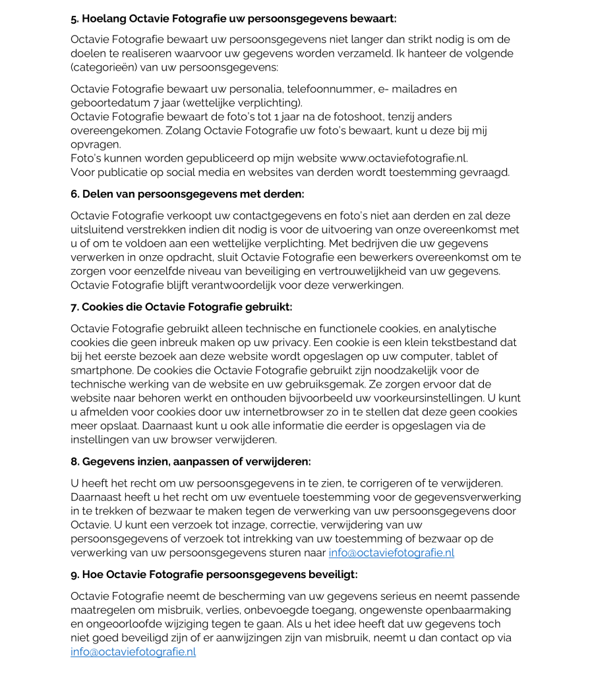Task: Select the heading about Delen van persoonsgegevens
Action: [x=187, y=194]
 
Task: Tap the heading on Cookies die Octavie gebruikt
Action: [x=181, y=307]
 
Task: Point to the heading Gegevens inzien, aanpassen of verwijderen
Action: [x=191, y=461]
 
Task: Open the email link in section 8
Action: [x=391, y=553]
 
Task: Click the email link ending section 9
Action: [x=133, y=652]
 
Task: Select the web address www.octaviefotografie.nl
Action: [x=403, y=158]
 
